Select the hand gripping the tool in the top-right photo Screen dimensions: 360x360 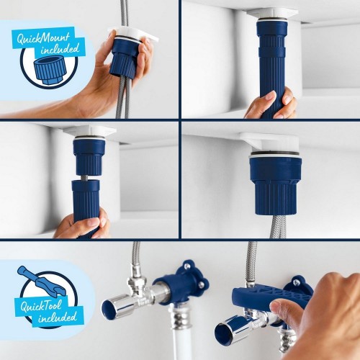tap(270, 105)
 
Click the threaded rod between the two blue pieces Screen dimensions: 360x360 tap(87, 176)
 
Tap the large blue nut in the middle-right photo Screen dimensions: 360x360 tap(274, 184)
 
